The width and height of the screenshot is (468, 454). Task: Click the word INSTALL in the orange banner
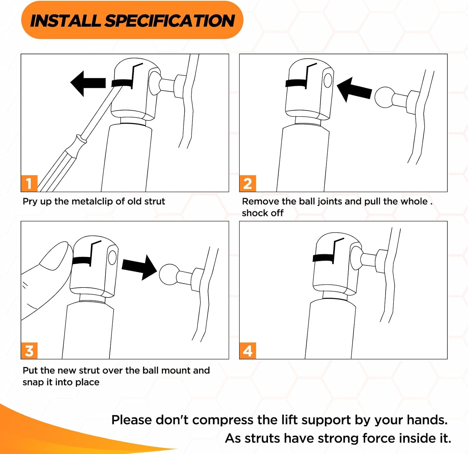[65, 21]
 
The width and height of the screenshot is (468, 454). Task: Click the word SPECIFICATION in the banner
[170, 21]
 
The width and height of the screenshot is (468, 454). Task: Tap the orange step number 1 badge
[29, 183]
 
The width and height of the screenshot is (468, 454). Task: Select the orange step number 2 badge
[248, 183]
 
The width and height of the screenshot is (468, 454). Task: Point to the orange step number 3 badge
[29, 351]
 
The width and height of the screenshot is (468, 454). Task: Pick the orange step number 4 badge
[248, 351]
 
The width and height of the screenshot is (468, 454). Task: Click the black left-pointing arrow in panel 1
[88, 83]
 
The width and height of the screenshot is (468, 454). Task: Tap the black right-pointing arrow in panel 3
[139, 267]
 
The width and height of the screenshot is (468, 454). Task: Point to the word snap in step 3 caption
[33, 383]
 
